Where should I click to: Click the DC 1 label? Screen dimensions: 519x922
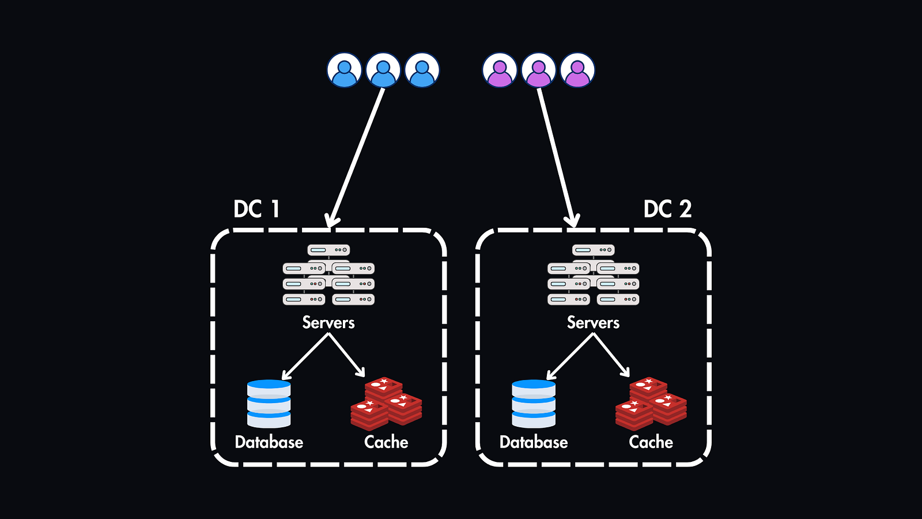click(x=256, y=209)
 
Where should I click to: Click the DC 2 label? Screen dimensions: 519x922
click(x=667, y=209)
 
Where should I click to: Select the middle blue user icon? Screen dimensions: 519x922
click(x=383, y=70)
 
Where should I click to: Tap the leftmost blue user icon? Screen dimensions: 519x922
click(x=344, y=70)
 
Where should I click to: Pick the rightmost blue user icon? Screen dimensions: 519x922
click(x=422, y=70)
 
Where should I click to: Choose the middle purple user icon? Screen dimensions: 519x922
click(x=539, y=70)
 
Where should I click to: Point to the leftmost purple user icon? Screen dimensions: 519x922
click(x=500, y=70)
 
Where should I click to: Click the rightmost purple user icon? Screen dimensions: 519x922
click(x=577, y=70)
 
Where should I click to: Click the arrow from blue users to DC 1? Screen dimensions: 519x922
click(x=357, y=156)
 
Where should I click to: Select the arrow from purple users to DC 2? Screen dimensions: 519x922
click(x=556, y=156)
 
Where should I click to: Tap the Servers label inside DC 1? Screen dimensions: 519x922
click(x=328, y=322)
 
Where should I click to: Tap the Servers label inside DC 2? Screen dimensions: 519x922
click(x=593, y=322)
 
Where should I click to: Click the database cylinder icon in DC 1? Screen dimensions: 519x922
click(x=269, y=404)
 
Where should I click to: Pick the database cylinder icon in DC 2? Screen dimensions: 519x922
click(x=534, y=404)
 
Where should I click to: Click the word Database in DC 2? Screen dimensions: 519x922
click(x=534, y=442)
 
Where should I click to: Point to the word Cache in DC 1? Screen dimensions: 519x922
click(x=386, y=442)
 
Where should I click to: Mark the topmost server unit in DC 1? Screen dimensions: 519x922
click(x=328, y=250)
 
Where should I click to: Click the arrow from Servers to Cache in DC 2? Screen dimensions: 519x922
click(x=612, y=356)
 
